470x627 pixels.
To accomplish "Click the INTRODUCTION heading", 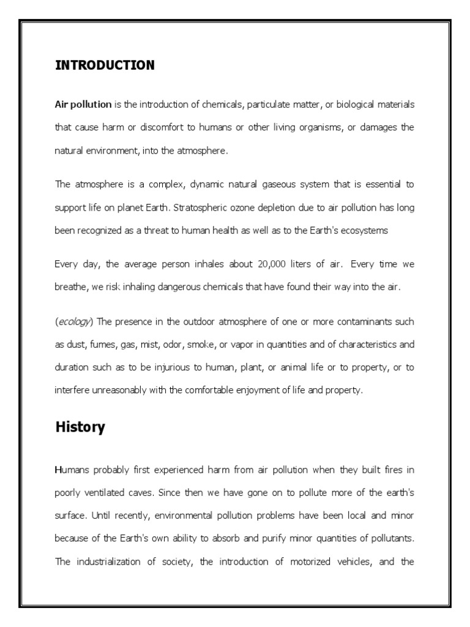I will click(x=105, y=65).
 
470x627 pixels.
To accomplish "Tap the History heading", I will click(x=80, y=427).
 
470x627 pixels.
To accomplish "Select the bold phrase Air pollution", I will click(x=83, y=104).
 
